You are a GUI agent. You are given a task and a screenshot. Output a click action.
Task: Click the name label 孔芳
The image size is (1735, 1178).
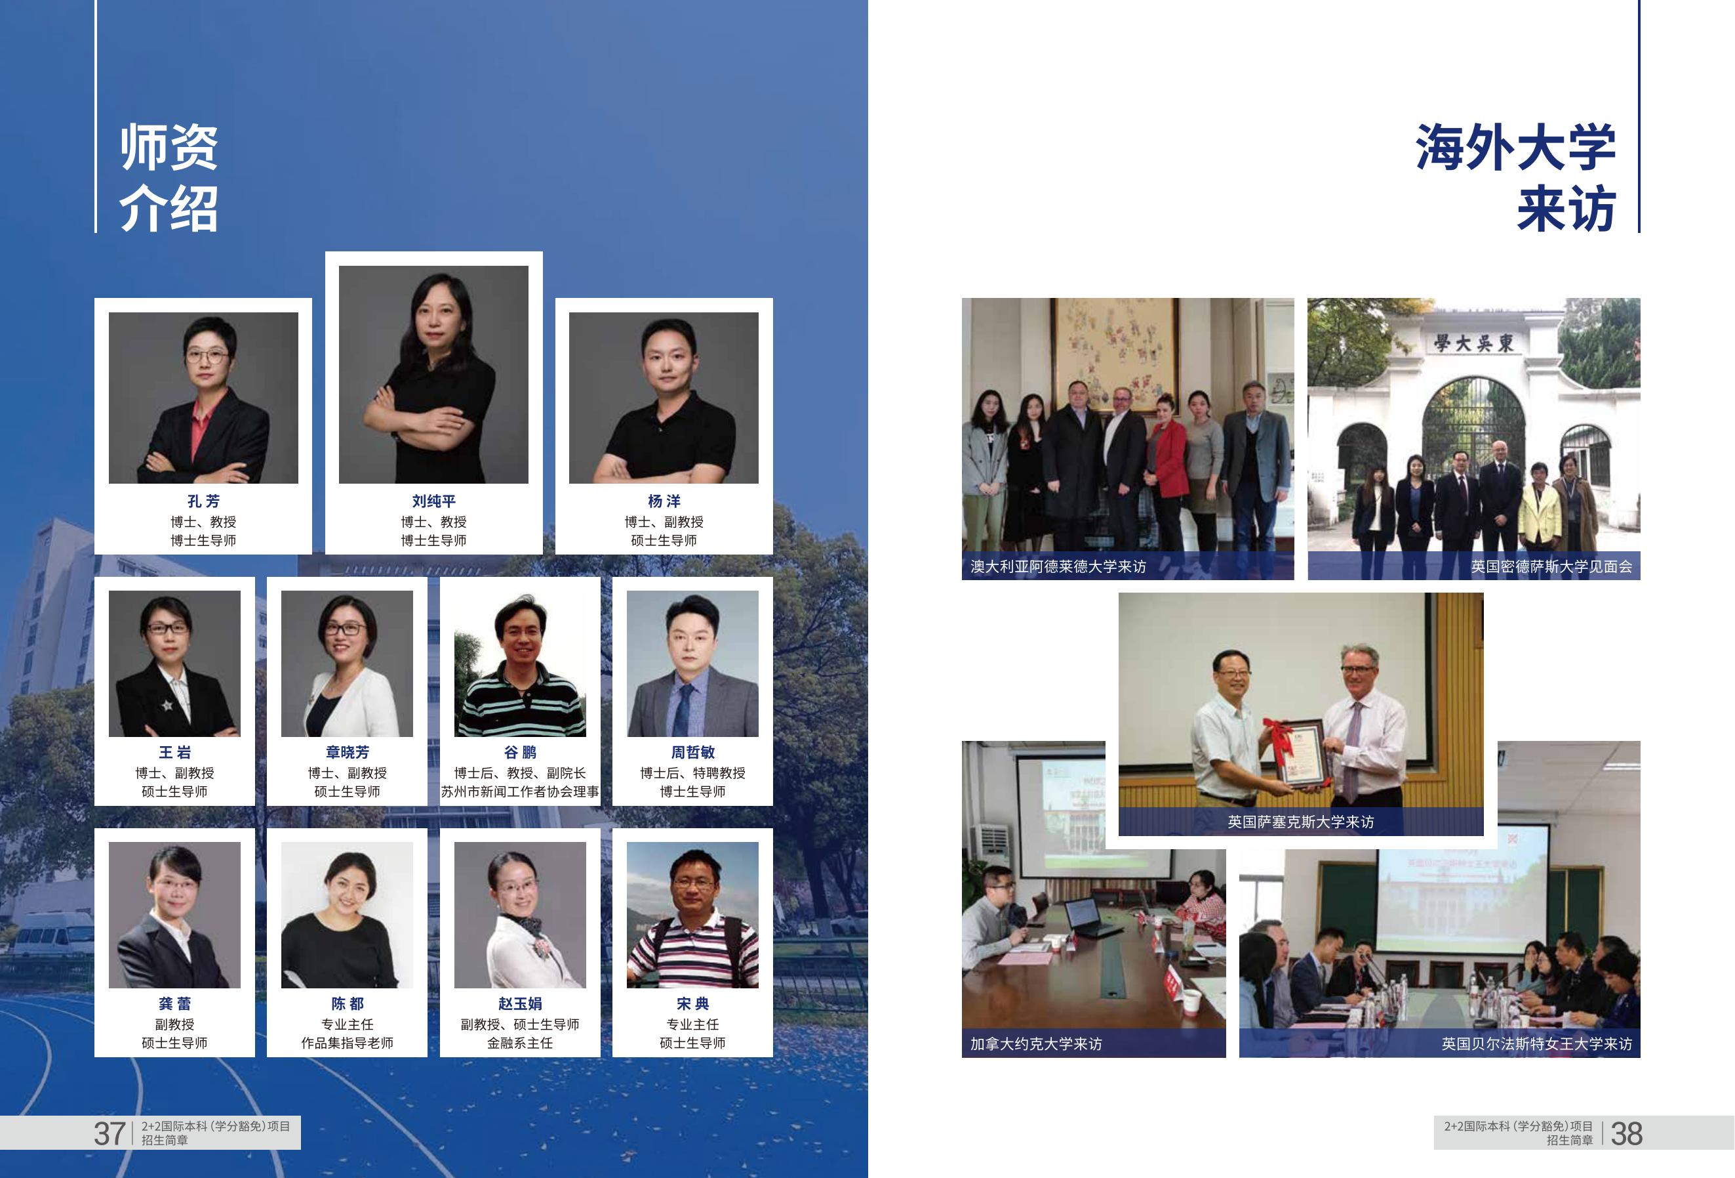click(x=203, y=501)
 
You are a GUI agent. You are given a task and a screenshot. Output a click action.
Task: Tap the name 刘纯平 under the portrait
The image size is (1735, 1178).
click(x=434, y=501)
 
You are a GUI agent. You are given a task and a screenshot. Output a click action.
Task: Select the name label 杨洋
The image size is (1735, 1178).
click(x=664, y=501)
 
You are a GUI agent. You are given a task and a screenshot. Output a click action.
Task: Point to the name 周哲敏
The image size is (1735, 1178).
click(x=693, y=752)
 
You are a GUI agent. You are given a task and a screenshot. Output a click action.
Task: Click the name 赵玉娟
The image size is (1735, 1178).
click(x=521, y=1003)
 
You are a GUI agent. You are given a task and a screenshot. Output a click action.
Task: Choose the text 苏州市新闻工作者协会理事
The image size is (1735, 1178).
click(x=521, y=791)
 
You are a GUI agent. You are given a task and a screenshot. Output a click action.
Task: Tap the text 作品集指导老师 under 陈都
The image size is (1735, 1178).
click(x=347, y=1043)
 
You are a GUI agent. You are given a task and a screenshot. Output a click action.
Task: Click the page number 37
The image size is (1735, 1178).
click(x=109, y=1133)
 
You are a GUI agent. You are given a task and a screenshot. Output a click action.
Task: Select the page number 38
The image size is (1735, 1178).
click(x=1626, y=1133)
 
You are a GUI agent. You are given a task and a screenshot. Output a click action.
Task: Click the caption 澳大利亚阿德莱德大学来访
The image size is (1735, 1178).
click(x=1058, y=566)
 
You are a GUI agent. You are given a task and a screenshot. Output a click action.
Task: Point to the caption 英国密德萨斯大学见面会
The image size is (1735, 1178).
click(x=1551, y=566)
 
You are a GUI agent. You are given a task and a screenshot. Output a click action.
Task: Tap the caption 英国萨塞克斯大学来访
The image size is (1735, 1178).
click(x=1300, y=822)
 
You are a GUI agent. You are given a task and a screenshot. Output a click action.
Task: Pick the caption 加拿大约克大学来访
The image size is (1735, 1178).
click(x=1036, y=1043)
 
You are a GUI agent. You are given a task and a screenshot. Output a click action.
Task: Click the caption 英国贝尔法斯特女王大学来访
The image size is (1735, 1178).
click(x=1536, y=1043)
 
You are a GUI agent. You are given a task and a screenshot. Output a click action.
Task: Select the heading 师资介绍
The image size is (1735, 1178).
click(x=169, y=178)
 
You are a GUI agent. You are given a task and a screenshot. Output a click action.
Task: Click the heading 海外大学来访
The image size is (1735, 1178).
click(x=1515, y=178)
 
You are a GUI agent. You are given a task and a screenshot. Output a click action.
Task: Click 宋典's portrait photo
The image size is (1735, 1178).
click(x=693, y=915)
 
